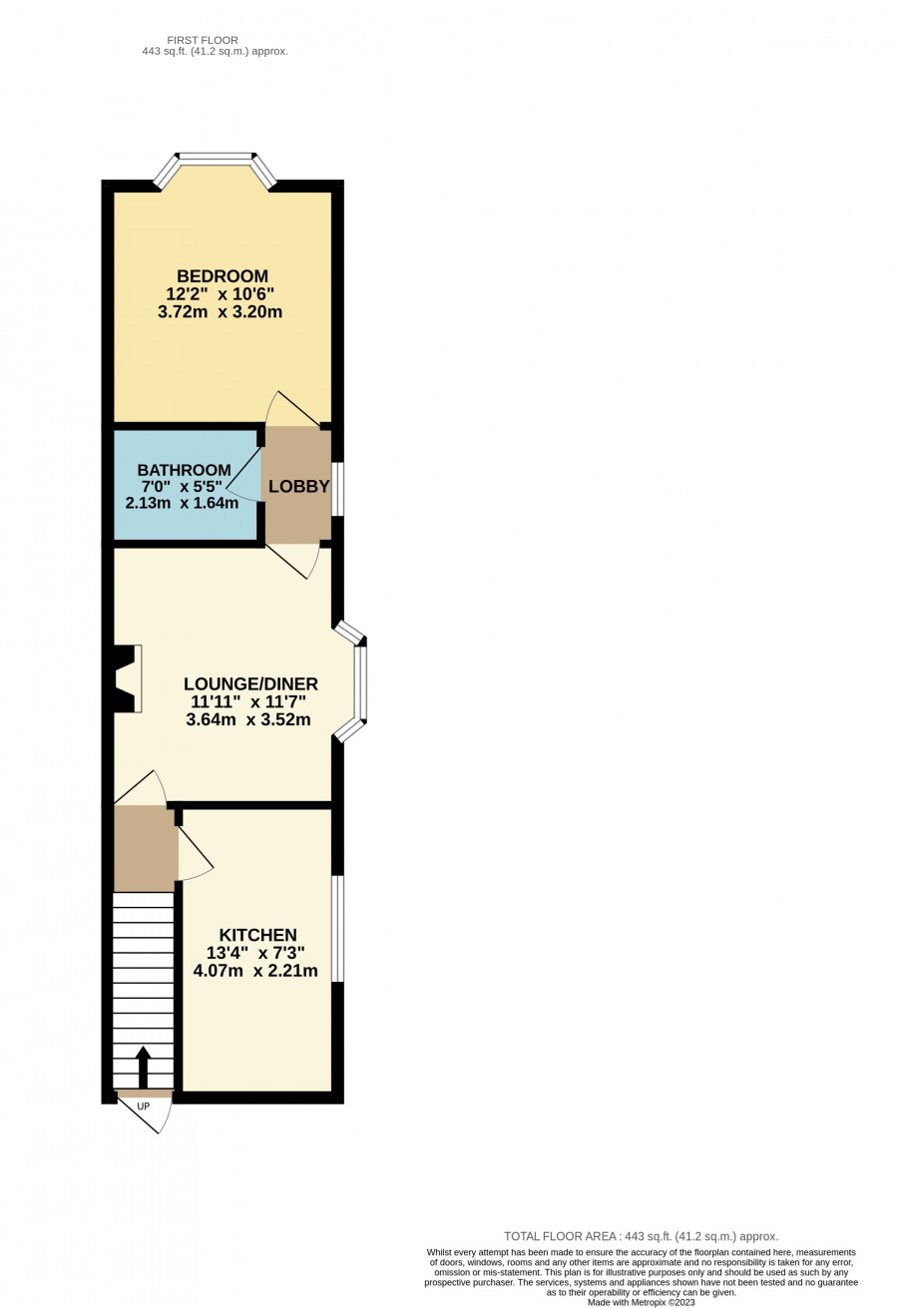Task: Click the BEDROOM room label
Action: [x=223, y=275]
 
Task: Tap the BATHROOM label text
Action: [x=184, y=470]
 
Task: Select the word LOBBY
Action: [x=299, y=487]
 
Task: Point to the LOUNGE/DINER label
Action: [x=250, y=683]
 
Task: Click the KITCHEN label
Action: [x=258, y=935]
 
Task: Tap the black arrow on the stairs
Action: [x=143, y=1067]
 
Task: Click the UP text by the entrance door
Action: [x=143, y=1106]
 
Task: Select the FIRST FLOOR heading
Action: [x=203, y=40]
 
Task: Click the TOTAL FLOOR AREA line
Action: [x=642, y=1236]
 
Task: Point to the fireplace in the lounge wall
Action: [x=128, y=678]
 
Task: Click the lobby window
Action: [x=337, y=489]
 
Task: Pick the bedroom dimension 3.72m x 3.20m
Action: [x=221, y=312]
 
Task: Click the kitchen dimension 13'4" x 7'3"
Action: [x=255, y=953]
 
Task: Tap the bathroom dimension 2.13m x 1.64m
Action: [x=183, y=503]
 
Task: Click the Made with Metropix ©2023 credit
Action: [x=642, y=1302]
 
